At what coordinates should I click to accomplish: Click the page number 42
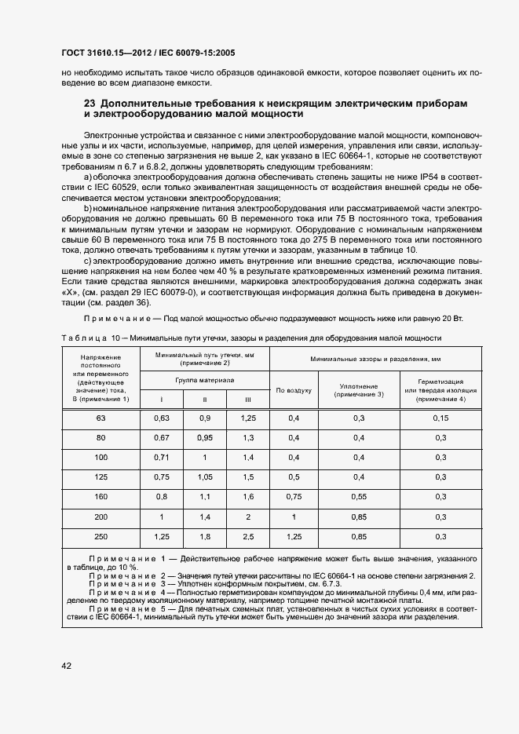click(x=66, y=666)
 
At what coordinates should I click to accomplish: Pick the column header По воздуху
click(x=294, y=389)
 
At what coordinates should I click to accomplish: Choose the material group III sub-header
click(x=248, y=400)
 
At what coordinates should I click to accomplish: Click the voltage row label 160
click(x=101, y=497)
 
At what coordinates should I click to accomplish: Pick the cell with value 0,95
click(x=206, y=437)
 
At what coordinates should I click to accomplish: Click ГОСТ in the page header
click(x=75, y=53)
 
